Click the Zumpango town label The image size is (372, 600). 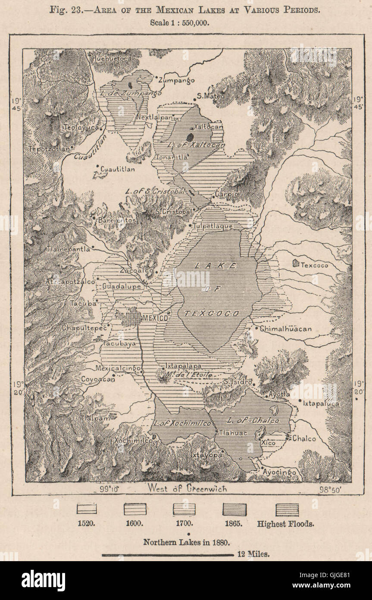pos(176,80)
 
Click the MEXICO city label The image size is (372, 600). pos(155,318)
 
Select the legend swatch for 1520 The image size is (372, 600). pos(87,509)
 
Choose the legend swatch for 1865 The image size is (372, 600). pos(234,509)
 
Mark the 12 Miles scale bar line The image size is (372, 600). pos(168,555)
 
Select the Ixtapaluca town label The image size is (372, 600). pos(321,404)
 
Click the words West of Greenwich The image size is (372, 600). pos(187,489)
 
